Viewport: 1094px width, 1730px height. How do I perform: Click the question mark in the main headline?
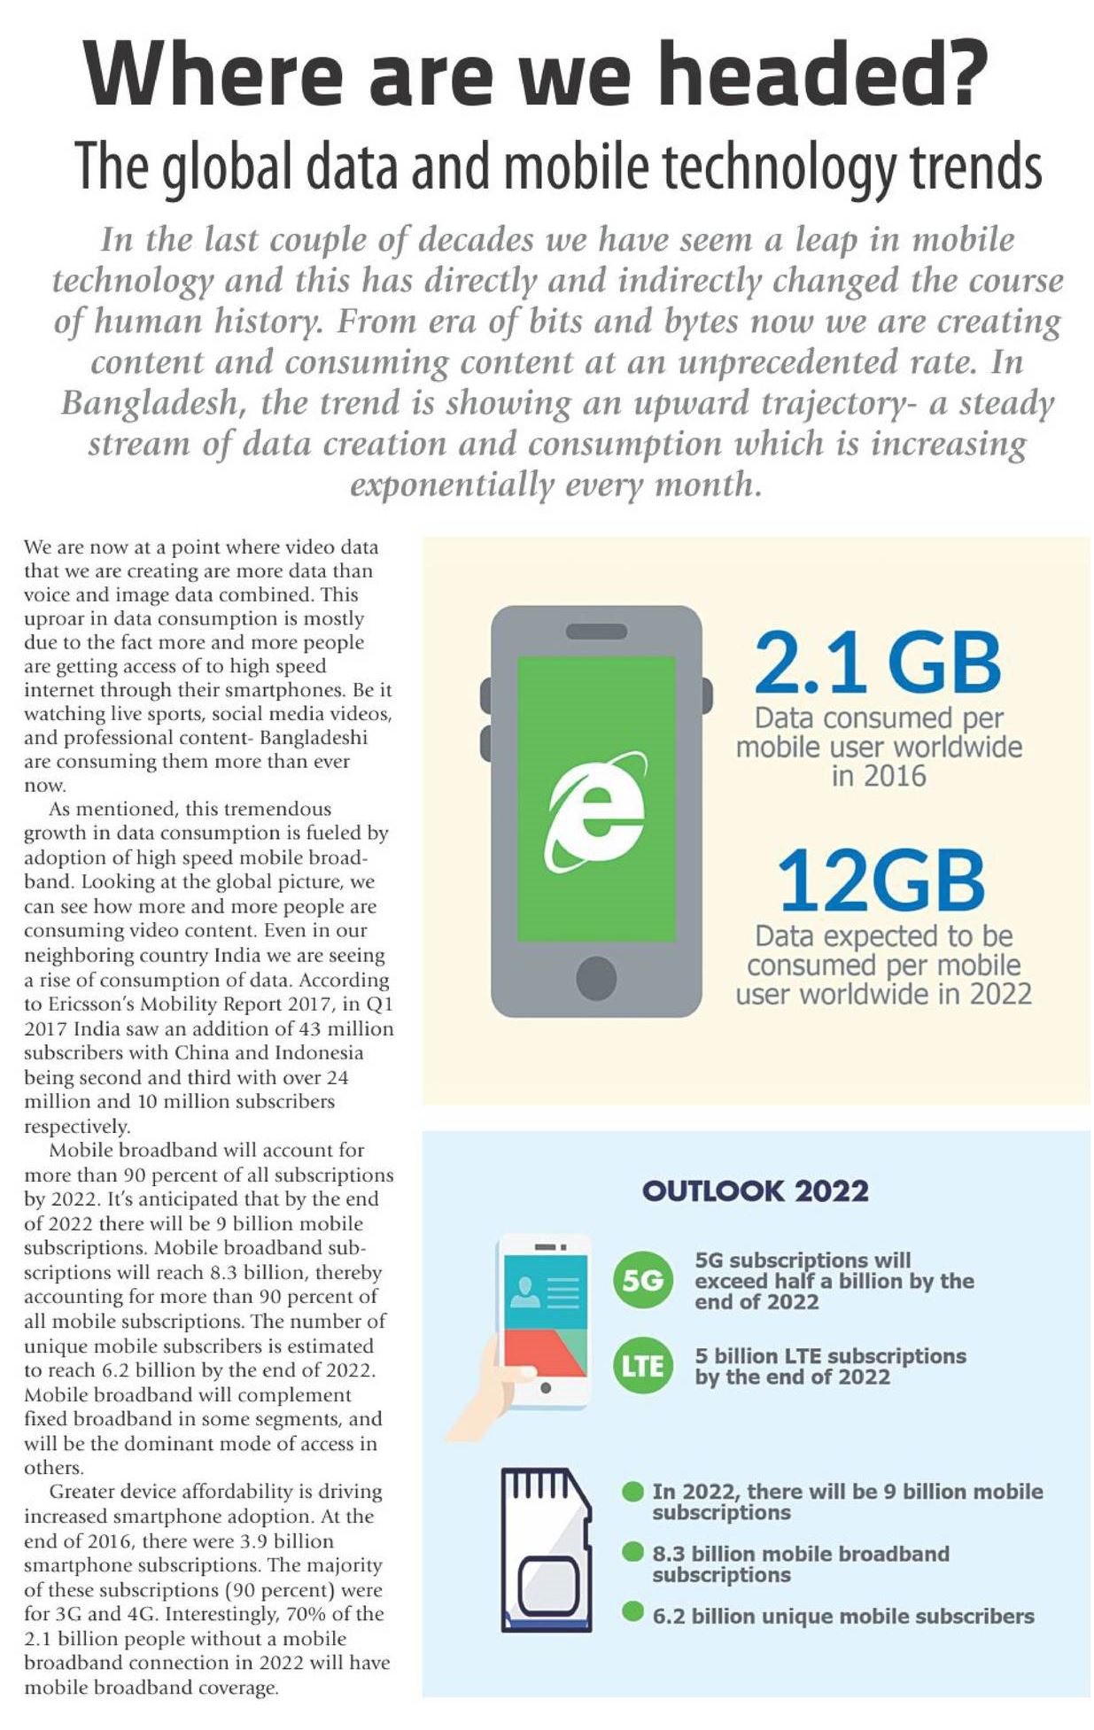pyautogui.click(x=959, y=73)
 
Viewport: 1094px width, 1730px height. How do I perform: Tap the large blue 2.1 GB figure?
pyautogui.click(x=877, y=663)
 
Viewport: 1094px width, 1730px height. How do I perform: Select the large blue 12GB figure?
pyautogui.click(x=881, y=881)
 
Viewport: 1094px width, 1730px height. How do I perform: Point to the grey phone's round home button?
pyautogui.click(x=596, y=979)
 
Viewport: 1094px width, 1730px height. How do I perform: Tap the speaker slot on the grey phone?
pyautogui.click(x=596, y=632)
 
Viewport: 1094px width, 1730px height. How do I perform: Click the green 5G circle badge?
pyautogui.click(x=642, y=1280)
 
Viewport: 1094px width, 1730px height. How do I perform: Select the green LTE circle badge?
pyautogui.click(x=642, y=1365)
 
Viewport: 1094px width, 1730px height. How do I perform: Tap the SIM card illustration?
pyautogui.click(x=546, y=1548)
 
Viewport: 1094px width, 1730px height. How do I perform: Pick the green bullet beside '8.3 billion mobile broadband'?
pyautogui.click(x=632, y=1551)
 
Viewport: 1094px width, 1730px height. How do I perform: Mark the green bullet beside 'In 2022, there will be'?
pyautogui.click(x=632, y=1492)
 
